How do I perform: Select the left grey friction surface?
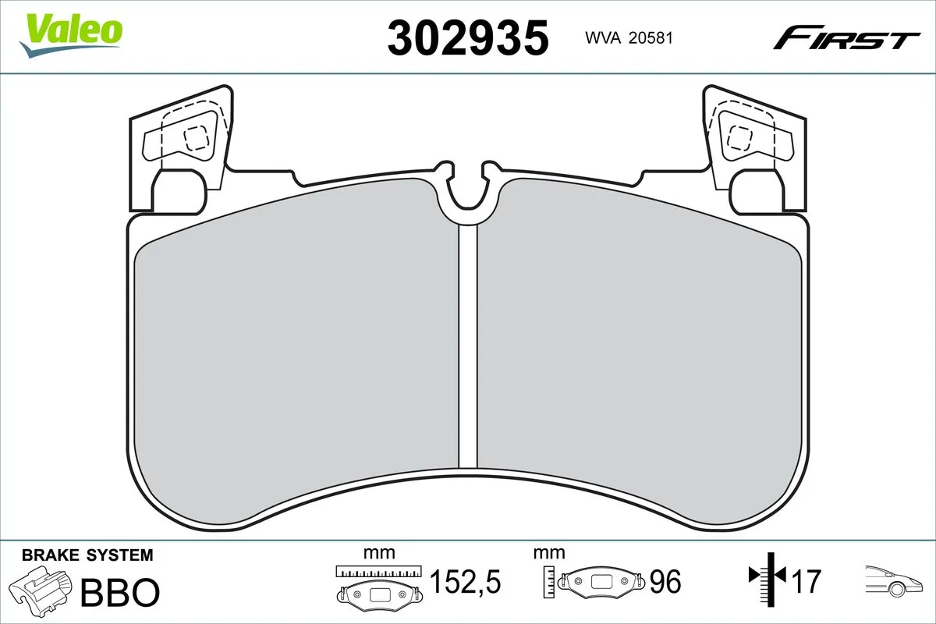pos(296,351)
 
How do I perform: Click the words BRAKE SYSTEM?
pos(87,555)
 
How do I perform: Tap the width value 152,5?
pos(465,581)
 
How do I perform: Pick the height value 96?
pos(665,581)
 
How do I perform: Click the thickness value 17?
pos(807,581)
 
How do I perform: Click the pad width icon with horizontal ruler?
pos(378,585)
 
